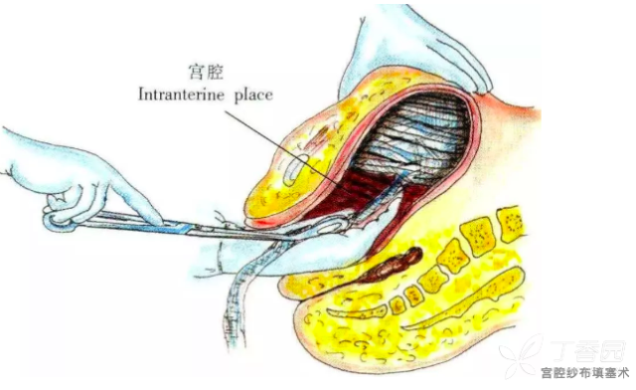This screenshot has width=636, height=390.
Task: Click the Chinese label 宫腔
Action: pos(207,72)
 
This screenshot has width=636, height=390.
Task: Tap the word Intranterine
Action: pos(181,95)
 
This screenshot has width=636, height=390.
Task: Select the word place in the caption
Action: pos(253,96)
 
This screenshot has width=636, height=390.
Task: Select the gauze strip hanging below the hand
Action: pos(240,300)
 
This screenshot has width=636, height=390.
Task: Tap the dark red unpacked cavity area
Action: pos(357,195)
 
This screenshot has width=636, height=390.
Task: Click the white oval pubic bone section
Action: pos(295,168)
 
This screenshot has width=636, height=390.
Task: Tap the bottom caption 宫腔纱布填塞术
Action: pos(584,372)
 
